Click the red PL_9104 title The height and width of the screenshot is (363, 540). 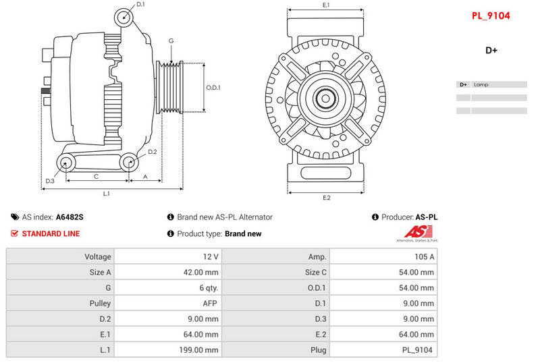pyautogui.click(x=491, y=16)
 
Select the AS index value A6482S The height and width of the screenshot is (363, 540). pyautogui.click(x=70, y=217)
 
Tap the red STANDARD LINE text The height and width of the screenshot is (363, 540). pyautogui.click(x=51, y=233)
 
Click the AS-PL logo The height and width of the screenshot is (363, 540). pyautogui.click(x=417, y=233)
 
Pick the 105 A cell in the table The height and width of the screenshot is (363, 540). pyautogui.click(x=425, y=256)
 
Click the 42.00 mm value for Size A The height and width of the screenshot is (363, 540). pyautogui.click(x=200, y=272)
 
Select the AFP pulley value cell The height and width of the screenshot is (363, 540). pyautogui.click(x=210, y=303)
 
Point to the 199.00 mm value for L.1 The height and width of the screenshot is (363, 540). pyautogui.click(x=198, y=350)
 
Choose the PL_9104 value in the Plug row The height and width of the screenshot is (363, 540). pyautogui.click(x=417, y=350)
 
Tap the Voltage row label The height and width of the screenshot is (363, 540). pyautogui.click(x=98, y=256)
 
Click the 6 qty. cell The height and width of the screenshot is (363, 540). pyautogui.click(x=209, y=287)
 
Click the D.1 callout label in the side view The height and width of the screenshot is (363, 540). pyautogui.click(x=140, y=4)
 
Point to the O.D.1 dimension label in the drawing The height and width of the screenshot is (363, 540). pyautogui.click(x=213, y=88)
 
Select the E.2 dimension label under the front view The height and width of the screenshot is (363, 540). pyautogui.click(x=327, y=198)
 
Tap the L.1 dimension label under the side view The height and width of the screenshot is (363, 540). pyautogui.click(x=107, y=194)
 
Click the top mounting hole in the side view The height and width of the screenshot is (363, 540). pyautogui.click(x=124, y=17)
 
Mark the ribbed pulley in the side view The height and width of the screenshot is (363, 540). pyautogui.click(x=169, y=88)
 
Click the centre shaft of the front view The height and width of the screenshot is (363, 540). pyautogui.click(x=325, y=99)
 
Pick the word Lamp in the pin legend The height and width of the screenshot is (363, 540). pyautogui.click(x=481, y=84)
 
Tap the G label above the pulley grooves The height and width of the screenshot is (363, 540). pyautogui.click(x=171, y=40)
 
